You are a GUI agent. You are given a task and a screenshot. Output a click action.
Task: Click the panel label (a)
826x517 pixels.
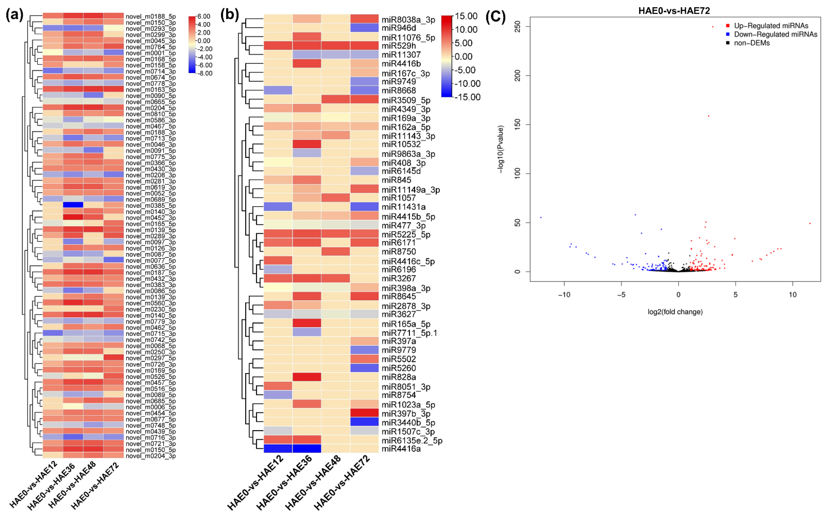[14, 15]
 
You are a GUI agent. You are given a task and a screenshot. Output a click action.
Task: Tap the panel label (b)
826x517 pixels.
[229, 15]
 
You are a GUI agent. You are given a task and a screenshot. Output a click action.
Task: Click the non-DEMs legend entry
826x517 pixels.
[751, 43]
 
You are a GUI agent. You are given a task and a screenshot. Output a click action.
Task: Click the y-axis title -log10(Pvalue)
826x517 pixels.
[500, 149]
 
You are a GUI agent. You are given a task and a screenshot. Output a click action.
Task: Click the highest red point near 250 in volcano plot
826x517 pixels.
[713, 27]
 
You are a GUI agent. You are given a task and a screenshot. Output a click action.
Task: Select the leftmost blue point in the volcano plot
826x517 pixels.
[541, 217]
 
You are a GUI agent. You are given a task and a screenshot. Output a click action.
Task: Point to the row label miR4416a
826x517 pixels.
[401, 449]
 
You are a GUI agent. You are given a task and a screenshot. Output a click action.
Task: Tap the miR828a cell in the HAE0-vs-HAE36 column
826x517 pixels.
[307, 377]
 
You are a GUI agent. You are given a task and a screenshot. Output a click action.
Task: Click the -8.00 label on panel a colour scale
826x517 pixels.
[204, 73]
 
